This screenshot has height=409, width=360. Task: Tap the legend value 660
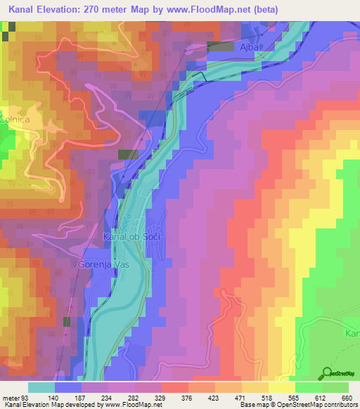coord(345,397)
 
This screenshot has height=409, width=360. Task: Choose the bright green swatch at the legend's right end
coord(335,387)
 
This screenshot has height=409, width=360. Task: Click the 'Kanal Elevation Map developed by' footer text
coord(51,405)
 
